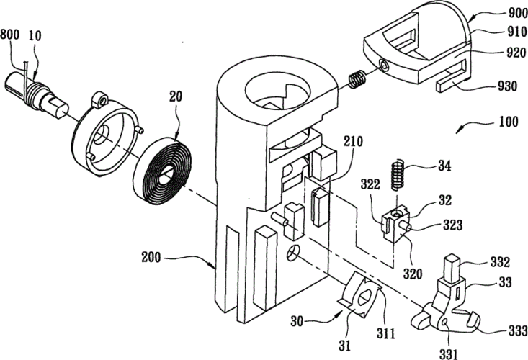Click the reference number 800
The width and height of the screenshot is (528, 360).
click(10, 35)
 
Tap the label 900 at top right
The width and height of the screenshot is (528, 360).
click(517, 13)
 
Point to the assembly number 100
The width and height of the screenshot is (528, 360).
click(508, 122)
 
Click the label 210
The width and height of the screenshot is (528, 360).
click(353, 141)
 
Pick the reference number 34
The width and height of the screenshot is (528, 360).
click(444, 166)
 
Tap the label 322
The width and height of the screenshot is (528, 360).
click(370, 184)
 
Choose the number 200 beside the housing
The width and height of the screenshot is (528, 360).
click(151, 258)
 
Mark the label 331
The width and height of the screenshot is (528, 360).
click(448, 354)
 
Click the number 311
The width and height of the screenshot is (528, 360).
click(386, 333)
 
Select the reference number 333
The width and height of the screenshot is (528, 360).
click(518, 330)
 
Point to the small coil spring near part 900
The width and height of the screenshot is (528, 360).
click(357, 79)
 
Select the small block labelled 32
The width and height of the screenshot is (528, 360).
click(396, 224)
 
